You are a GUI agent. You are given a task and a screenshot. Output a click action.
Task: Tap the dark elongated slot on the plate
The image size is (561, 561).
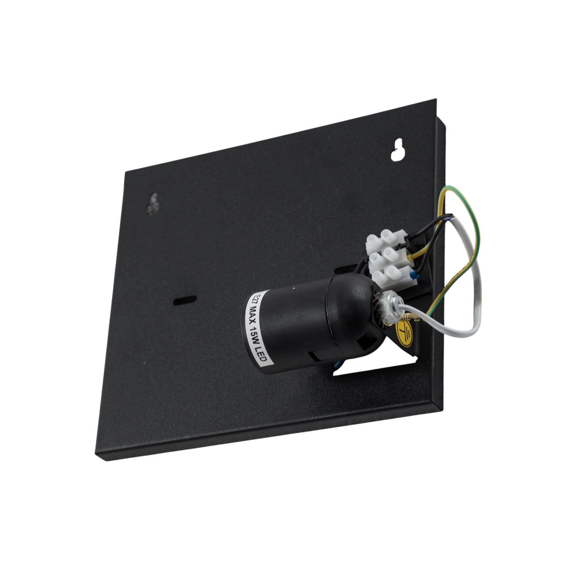pyautogui.click(x=185, y=300)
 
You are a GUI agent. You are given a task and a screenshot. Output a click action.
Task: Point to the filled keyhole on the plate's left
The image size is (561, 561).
pyautogui.click(x=153, y=204)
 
